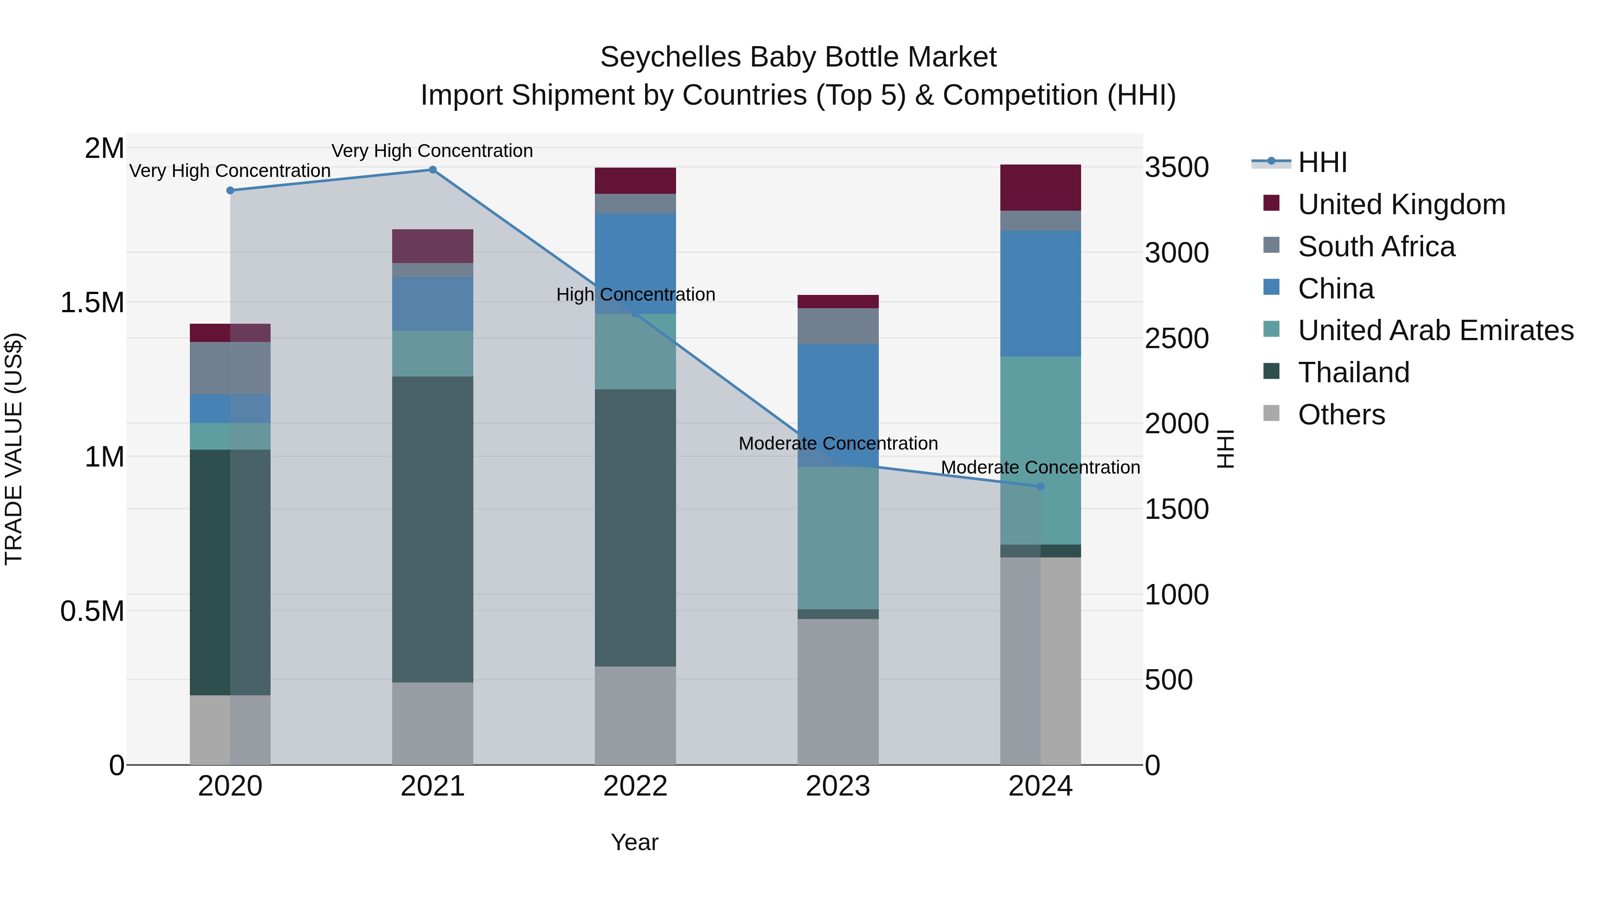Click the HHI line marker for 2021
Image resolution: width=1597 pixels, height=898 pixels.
click(x=433, y=170)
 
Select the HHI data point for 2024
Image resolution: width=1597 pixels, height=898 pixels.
click(x=1040, y=486)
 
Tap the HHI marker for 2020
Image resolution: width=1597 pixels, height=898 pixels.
click(x=230, y=190)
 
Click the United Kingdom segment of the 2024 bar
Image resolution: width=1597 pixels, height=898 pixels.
click(x=1040, y=188)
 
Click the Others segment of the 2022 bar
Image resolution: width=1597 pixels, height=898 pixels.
click(x=635, y=715)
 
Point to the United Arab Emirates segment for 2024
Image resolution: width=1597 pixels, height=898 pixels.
click(x=1040, y=450)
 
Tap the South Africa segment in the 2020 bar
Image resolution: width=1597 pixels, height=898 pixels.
click(x=230, y=368)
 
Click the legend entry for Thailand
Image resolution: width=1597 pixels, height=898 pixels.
click(x=1353, y=373)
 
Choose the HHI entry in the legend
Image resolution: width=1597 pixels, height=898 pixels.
click(x=1322, y=162)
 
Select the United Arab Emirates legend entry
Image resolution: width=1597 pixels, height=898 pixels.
click(x=1435, y=330)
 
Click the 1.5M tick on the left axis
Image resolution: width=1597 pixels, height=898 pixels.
click(x=92, y=303)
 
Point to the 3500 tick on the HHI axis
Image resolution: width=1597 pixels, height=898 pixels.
click(x=1176, y=167)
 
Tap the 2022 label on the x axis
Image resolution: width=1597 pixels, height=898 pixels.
click(x=635, y=786)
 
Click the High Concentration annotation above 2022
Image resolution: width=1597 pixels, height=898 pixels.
click(x=635, y=294)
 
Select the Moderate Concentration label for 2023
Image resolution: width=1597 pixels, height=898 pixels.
click(x=838, y=444)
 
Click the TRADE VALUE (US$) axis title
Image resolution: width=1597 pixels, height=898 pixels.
click(x=14, y=449)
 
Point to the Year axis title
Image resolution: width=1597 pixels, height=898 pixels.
click(x=634, y=842)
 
